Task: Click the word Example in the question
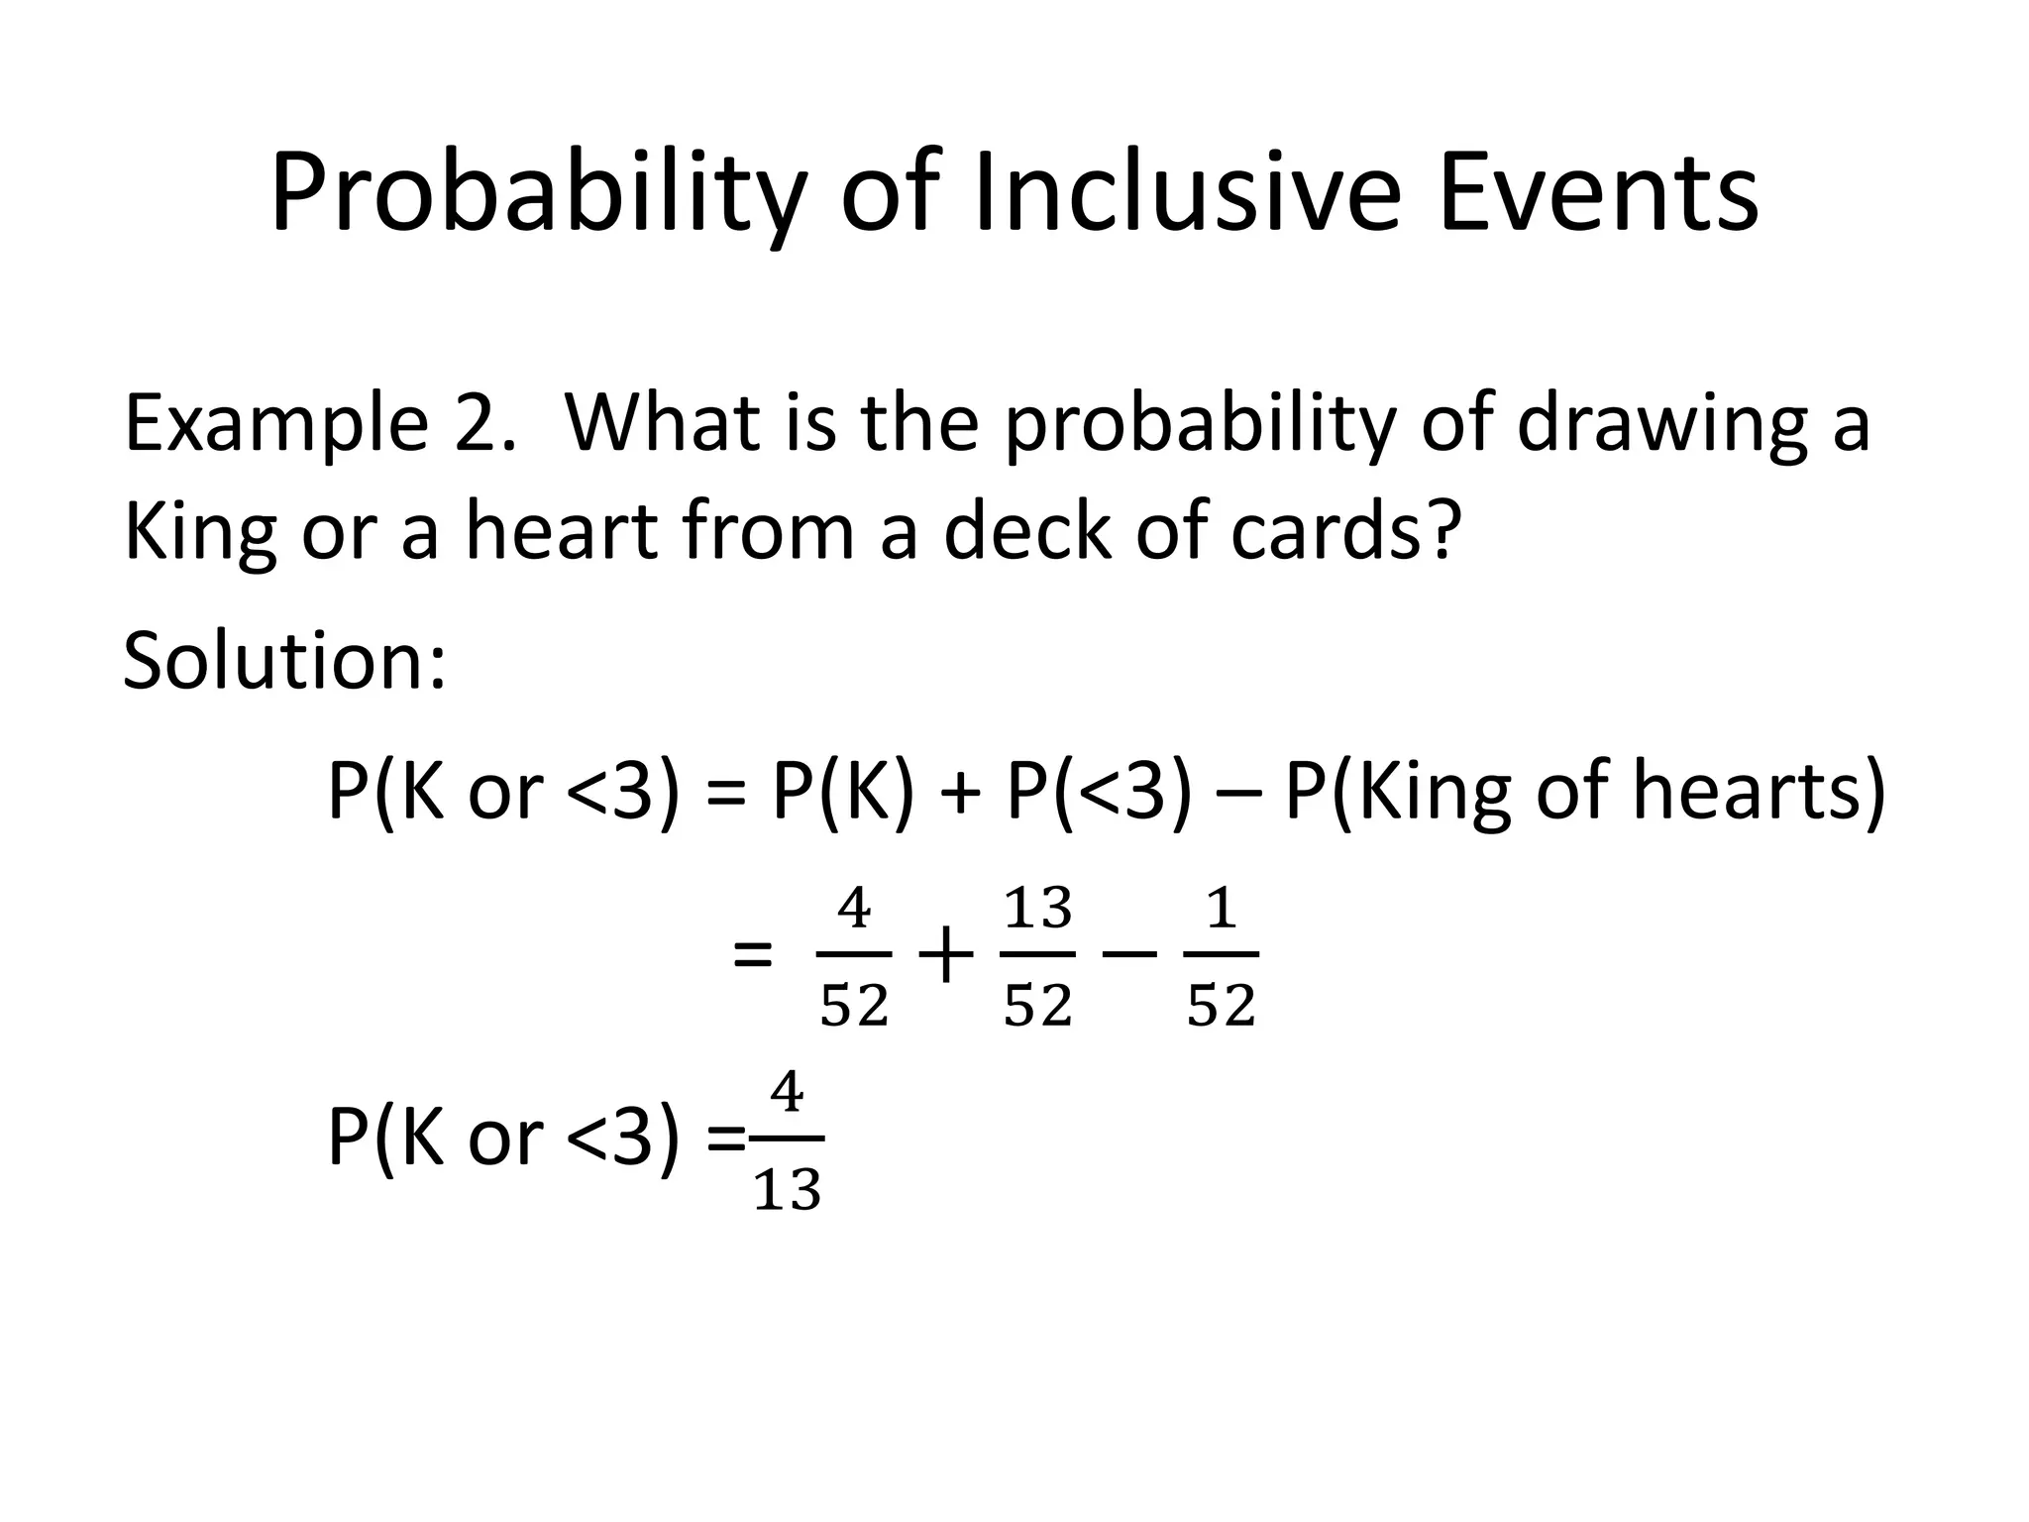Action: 275,424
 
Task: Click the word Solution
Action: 284,661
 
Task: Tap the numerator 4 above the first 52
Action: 854,909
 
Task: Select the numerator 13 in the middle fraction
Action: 1037,909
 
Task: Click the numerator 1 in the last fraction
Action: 1222,909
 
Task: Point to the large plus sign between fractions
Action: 946,956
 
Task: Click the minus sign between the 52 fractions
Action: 1129,956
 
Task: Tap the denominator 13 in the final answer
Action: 788,1191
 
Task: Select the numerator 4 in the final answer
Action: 788,1094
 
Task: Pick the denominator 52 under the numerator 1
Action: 1222,1007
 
